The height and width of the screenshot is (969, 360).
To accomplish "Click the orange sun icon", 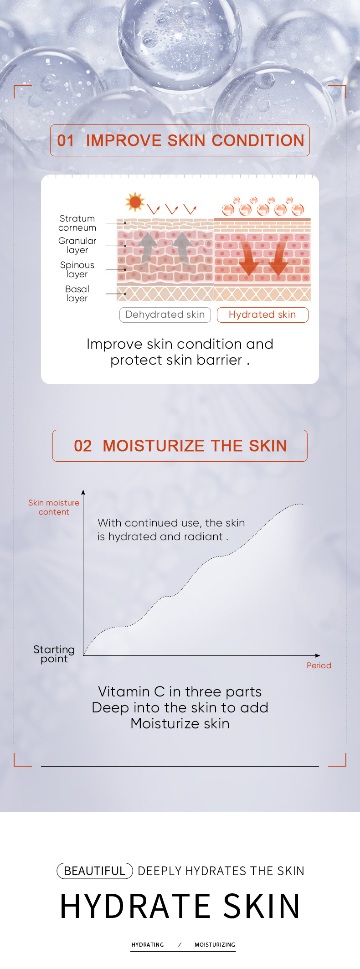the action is (135, 202).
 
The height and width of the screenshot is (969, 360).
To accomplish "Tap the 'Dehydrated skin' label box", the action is (165, 314).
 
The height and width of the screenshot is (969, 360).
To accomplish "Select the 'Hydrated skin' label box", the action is (262, 314).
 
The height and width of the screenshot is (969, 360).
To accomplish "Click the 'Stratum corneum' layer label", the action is (77, 223).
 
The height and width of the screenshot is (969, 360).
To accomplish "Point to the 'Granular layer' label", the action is (77, 245).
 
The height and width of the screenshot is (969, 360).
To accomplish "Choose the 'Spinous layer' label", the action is (77, 269).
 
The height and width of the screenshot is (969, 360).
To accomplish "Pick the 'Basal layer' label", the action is (77, 294).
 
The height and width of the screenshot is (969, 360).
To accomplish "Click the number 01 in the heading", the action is (66, 140).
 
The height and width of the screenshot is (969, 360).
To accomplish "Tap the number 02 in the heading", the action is (83, 446).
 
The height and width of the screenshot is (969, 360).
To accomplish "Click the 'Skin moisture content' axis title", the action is (54, 507).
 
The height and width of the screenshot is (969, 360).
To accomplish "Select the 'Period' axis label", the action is (319, 665).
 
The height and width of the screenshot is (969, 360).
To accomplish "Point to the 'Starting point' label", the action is (54, 654).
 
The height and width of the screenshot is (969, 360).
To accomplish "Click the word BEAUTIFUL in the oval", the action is (94, 871).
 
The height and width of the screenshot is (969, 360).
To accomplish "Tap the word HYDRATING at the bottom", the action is (148, 945).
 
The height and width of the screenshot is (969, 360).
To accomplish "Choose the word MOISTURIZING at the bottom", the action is (215, 945).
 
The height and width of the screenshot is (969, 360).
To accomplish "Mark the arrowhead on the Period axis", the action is (318, 656).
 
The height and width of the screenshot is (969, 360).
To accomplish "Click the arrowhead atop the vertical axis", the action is (83, 492).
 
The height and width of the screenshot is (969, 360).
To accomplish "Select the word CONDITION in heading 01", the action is (258, 140).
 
